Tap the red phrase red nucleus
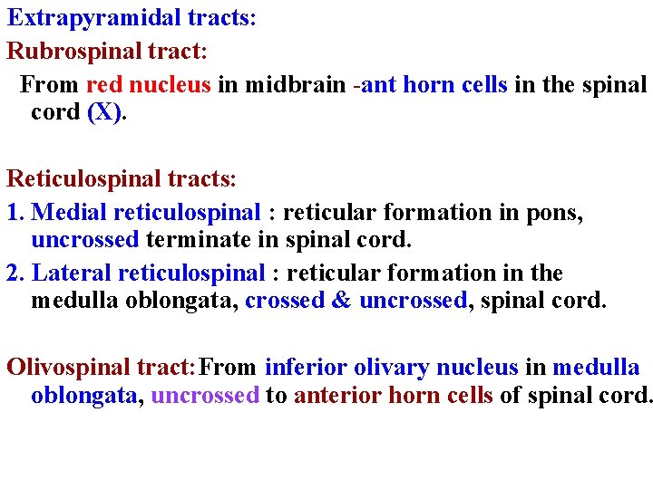click(x=149, y=85)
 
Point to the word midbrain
click(x=295, y=85)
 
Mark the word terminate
click(x=190, y=241)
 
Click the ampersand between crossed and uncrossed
click(x=341, y=302)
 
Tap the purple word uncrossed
click(x=205, y=396)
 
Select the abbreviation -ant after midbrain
click(x=374, y=85)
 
